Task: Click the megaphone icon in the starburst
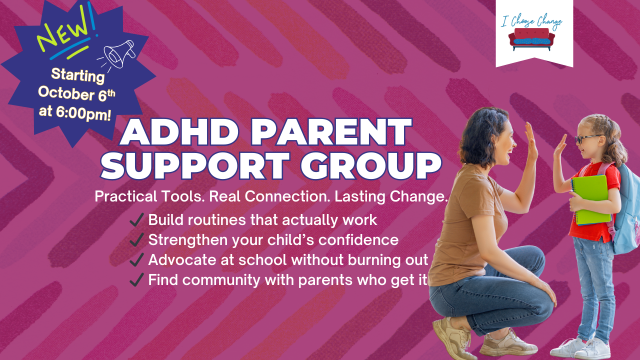click(118, 55)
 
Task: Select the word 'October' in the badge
click(66, 93)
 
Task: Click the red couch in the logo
click(531, 39)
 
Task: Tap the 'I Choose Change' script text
click(531, 21)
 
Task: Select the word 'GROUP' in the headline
click(371, 165)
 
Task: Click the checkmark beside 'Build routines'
click(136, 219)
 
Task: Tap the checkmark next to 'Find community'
click(136, 279)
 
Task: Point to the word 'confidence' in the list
click(358, 239)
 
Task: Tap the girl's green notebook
click(590, 199)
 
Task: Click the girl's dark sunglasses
click(588, 139)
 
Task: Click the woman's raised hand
click(531, 141)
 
